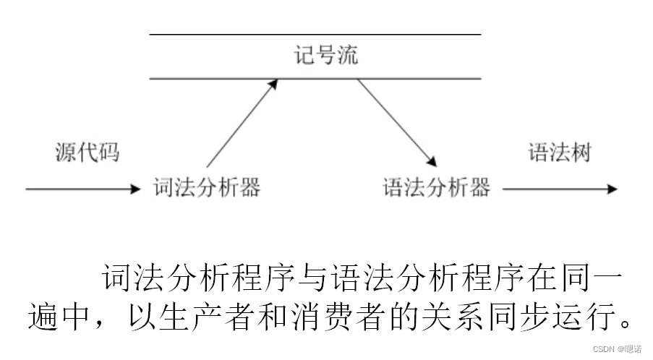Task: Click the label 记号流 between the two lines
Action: (x=325, y=56)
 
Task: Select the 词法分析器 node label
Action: (x=207, y=188)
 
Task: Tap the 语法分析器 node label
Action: (x=436, y=188)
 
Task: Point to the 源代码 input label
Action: (x=87, y=153)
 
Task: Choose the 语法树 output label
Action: (x=559, y=153)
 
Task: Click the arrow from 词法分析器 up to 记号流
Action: (x=242, y=123)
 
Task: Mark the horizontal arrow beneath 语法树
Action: (x=560, y=189)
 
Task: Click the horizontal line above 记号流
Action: (x=315, y=34)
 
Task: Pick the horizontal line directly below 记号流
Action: (x=315, y=78)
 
